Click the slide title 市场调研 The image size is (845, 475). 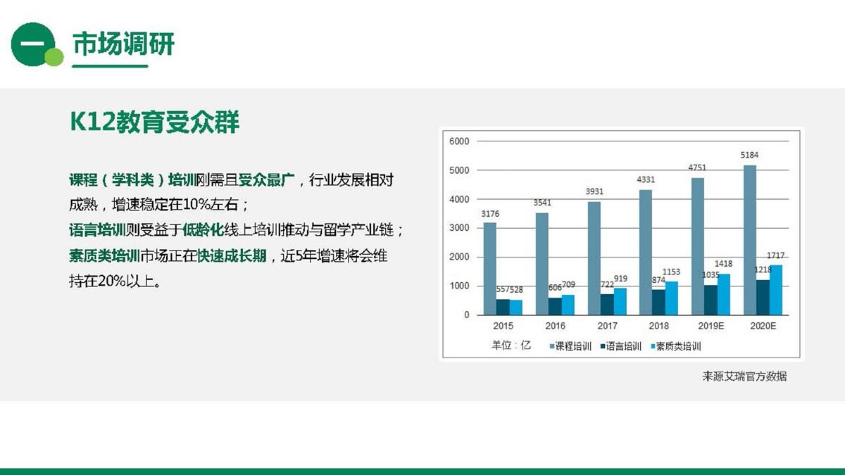[123, 44]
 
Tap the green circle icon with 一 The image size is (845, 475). [34, 44]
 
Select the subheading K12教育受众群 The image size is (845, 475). [155, 122]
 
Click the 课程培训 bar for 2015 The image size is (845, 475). [489, 268]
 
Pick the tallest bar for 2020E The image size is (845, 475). [749, 240]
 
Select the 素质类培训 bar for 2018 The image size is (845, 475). [672, 298]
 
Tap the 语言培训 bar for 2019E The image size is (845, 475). [711, 300]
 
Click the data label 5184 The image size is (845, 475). [749, 155]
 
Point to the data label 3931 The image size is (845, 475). [594, 191]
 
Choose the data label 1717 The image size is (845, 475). [775, 255]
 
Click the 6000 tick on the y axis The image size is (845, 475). [459, 141]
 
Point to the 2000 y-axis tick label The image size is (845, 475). [459, 257]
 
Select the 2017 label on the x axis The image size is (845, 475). [607, 326]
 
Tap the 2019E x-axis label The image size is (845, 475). [711, 326]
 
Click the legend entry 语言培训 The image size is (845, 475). [621, 346]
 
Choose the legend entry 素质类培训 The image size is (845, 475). [676, 346]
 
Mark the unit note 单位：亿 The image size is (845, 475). [511, 345]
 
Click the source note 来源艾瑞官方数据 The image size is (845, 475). [744, 376]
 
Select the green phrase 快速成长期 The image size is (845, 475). [232, 256]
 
